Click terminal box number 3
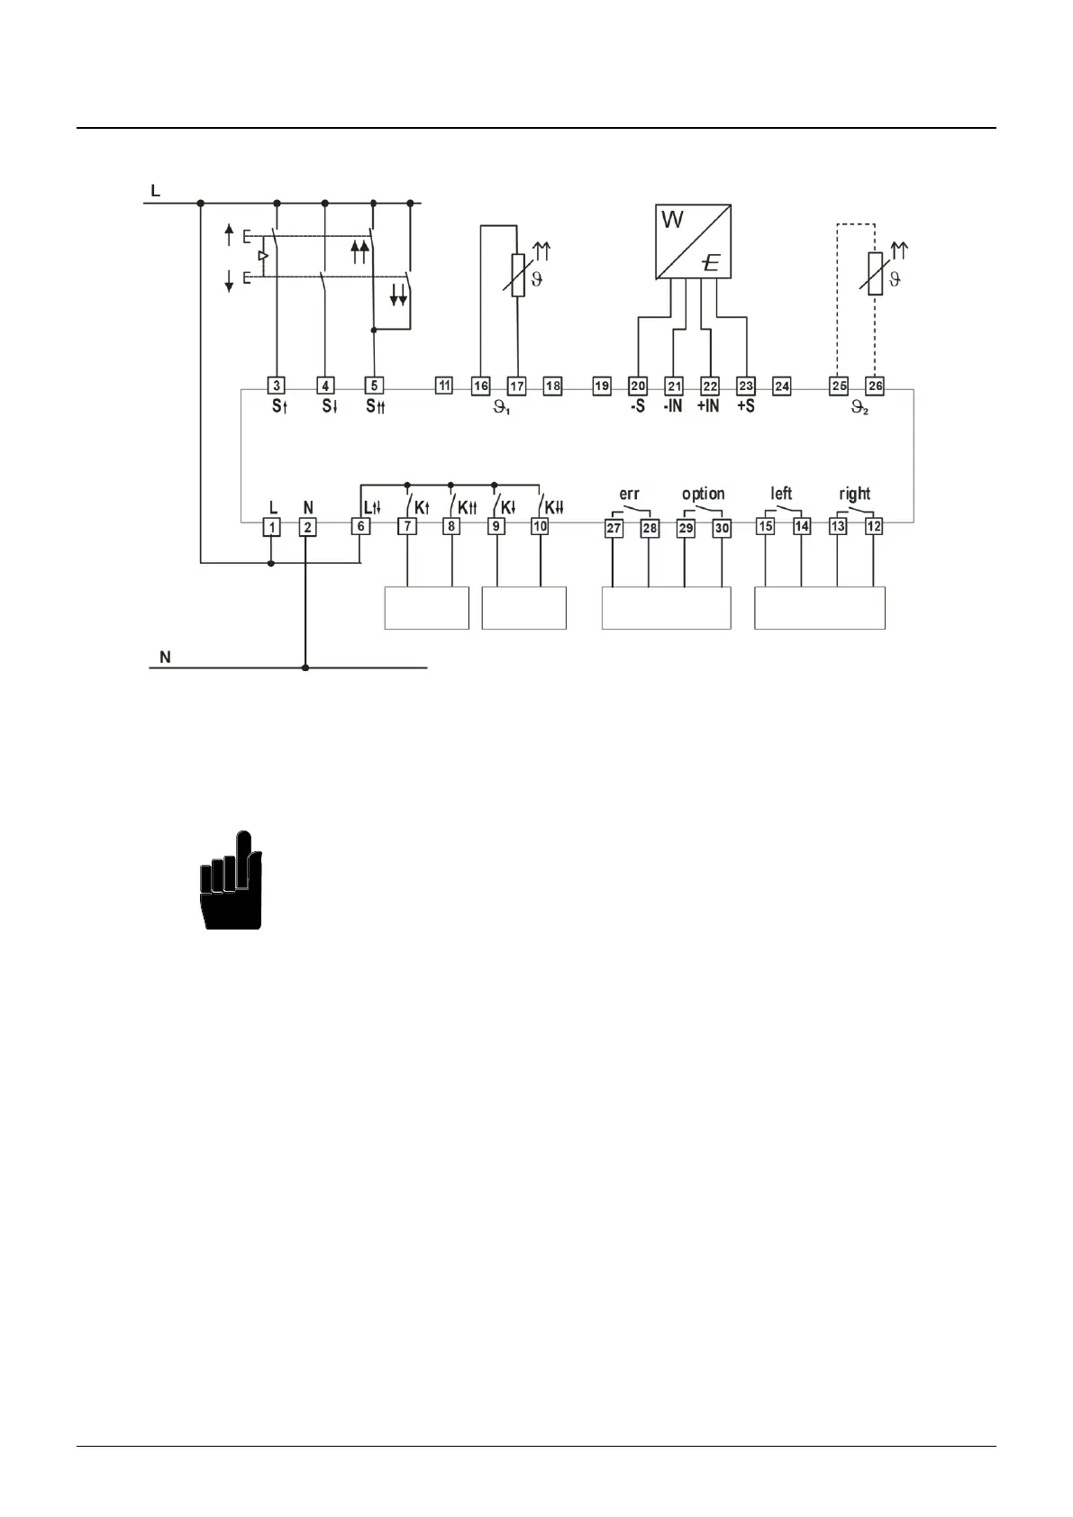coord(277,386)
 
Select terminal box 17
coord(516,386)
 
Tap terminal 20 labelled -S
coord(638,386)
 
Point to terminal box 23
coord(745,386)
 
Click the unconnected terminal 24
coord(782,386)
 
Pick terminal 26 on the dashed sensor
coord(875,386)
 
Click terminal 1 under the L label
coord(271,527)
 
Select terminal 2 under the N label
coord(307,527)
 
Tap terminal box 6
coord(360,527)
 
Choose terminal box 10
coord(540,527)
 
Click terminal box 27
coord(614,528)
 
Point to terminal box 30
coord(722,528)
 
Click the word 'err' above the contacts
coord(629,494)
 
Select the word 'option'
coord(703,494)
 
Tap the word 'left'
coord(781,494)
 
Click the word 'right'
coord(854,494)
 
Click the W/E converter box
coord(692,241)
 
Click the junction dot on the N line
coord(305,668)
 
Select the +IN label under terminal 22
coord(708,406)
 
